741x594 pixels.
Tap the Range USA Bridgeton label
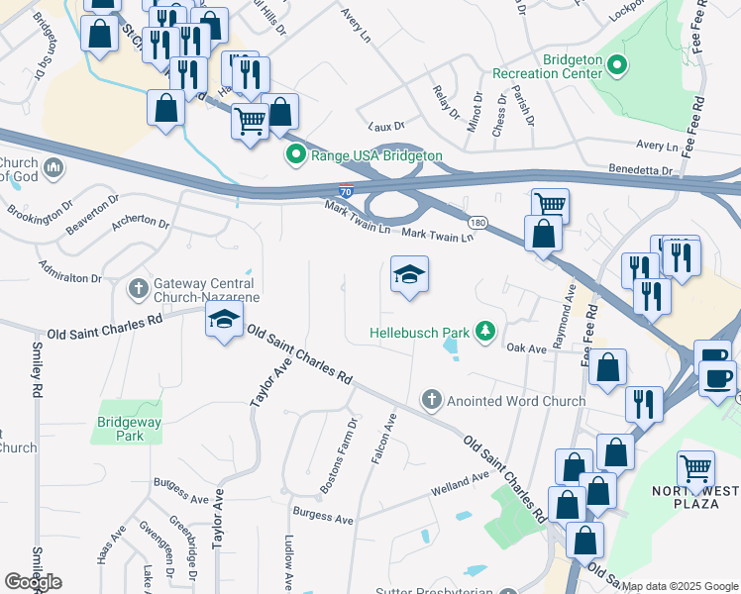(376, 155)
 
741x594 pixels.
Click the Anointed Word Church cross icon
(431, 400)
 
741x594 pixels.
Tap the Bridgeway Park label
(129, 428)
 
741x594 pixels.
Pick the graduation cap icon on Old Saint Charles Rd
(224, 320)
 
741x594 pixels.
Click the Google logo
(33, 581)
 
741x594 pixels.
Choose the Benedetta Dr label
(640, 170)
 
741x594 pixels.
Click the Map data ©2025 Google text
(680, 586)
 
